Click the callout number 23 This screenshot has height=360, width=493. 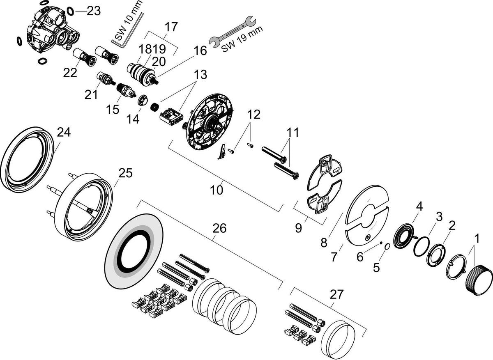(x=94, y=11)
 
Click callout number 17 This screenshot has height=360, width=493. (x=171, y=27)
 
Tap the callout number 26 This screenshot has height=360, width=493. (x=219, y=228)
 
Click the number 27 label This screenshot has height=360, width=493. (x=336, y=294)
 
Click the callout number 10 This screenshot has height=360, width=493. (x=217, y=190)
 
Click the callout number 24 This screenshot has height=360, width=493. (x=64, y=133)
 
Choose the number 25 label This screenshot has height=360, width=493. (x=125, y=173)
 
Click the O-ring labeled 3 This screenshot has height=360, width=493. (x=422, y=246)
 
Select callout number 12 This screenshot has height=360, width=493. (x=254, y=115)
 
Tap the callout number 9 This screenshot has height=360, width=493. (x=298, y=228)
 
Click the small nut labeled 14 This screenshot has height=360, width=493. (x=143, y=100)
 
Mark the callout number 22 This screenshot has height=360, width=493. (x=70, y=73)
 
